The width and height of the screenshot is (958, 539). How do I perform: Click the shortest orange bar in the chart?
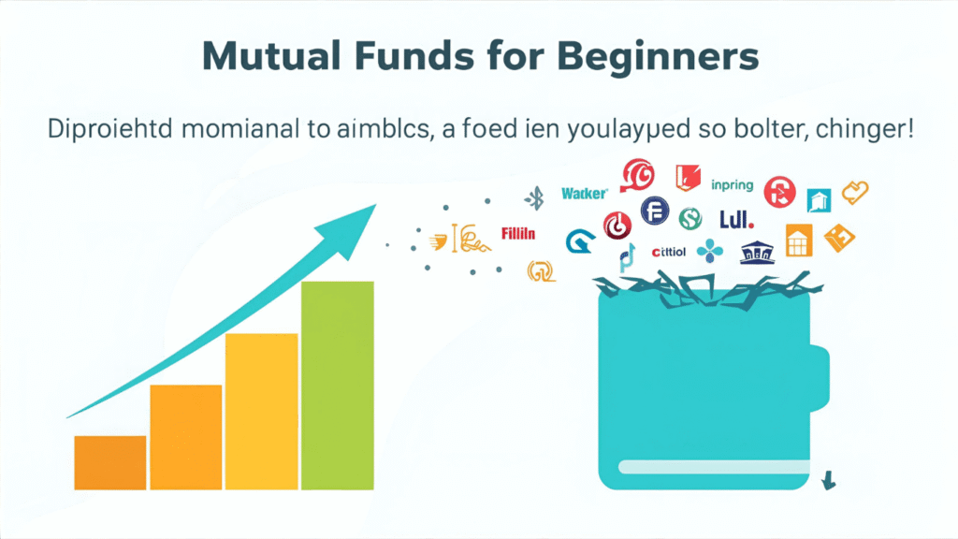(110, 462)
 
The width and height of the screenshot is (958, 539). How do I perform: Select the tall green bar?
(337, 385)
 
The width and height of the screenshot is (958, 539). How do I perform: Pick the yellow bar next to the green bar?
(262, 411)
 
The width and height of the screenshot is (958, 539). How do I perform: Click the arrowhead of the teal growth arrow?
(356, 224)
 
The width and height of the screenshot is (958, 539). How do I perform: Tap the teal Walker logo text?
(585, 194)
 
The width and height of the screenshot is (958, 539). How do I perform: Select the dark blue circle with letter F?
(654, 211)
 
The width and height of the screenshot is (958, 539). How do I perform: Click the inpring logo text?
(732, 184)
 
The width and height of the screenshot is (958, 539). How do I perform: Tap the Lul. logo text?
(736, 219)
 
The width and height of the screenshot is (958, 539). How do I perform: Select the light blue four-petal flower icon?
(711, 251)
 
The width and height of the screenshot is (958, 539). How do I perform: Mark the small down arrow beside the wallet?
(828, 481)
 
